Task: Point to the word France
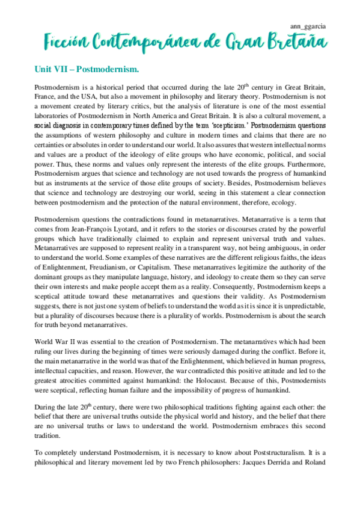48,97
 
